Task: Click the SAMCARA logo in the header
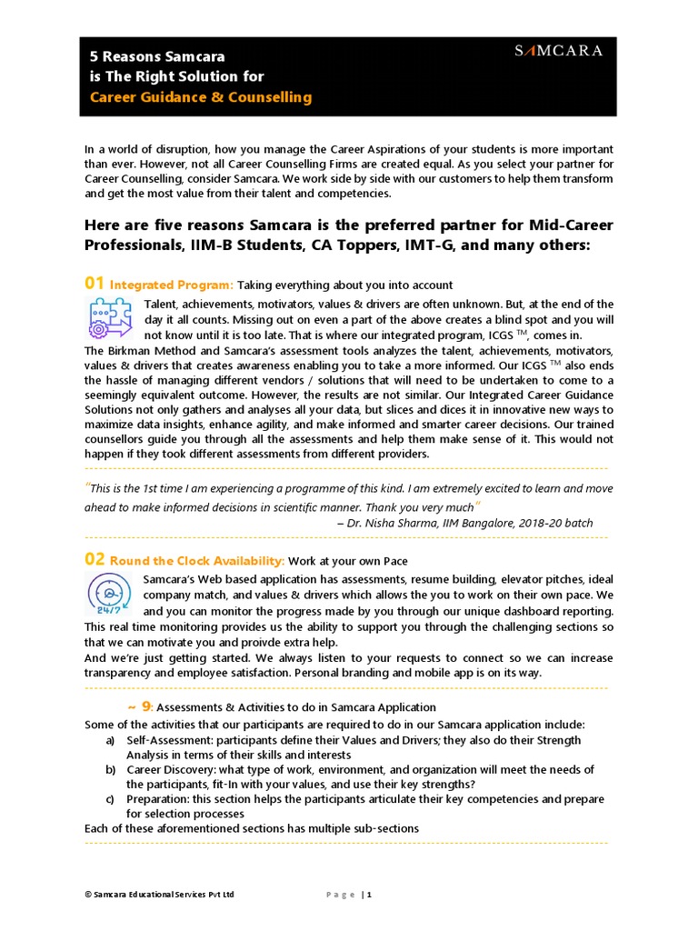pos(558,51)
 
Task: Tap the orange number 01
pos(94,284)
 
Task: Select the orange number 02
pos(94,559)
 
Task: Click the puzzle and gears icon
pos(108,318)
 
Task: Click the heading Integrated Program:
pos(172,285)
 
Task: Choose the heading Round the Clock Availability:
pos(197,561)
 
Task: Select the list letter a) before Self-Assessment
pos(111,740)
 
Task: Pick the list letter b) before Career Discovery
pos(111,769)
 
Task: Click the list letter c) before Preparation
pos(110,798)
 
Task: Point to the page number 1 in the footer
pos(369,895)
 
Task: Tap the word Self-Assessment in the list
pos(166,740)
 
